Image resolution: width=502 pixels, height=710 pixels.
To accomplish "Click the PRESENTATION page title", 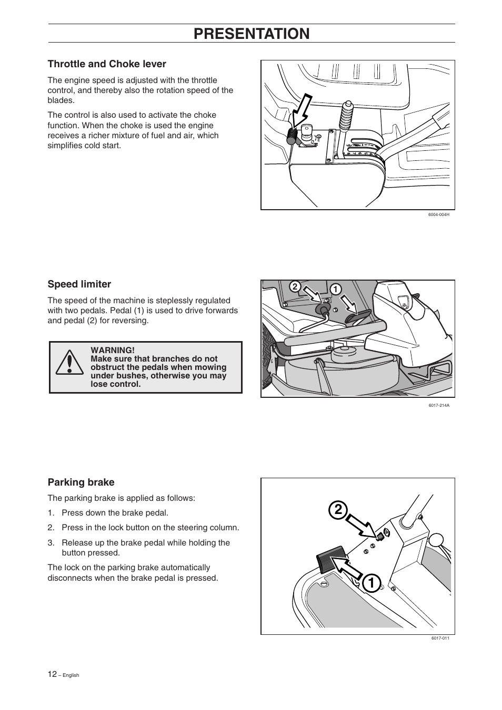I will click(252, 34).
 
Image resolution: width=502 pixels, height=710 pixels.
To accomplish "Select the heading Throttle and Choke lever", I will click(107, 64).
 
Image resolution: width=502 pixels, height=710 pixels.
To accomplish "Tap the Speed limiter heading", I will click(79, 284).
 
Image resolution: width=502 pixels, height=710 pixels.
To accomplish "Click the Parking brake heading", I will click(81, 482).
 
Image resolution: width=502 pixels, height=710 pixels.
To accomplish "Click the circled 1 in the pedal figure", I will click(335, 289).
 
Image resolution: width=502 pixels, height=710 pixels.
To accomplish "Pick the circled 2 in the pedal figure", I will click(295, 286).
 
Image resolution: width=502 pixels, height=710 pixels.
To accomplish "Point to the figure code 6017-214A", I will click(439, 405).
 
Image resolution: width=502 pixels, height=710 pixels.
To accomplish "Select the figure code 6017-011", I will click(440, 638).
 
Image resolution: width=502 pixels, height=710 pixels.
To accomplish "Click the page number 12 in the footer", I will click(52, 674).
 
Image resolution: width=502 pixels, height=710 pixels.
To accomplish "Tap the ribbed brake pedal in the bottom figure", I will click(330, 559).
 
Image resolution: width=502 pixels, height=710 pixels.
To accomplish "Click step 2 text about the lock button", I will click(150, 528).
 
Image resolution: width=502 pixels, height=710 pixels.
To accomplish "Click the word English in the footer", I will click(71, 675).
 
